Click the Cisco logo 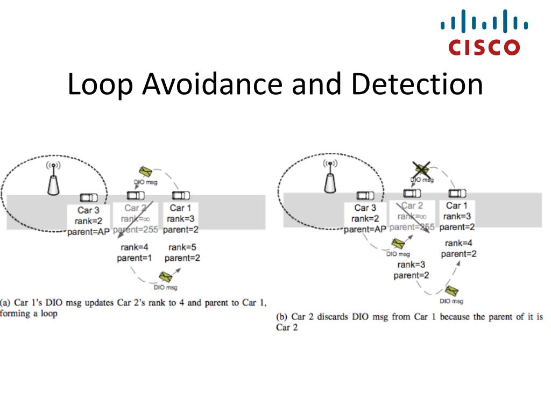pos(484,33)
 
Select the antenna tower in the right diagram pos(330,179)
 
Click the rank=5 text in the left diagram pos(181,247)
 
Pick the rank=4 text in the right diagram pos(458,243)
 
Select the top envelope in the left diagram pos(145,173)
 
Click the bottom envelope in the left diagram pos(165,277)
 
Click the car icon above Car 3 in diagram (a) pos(89,197)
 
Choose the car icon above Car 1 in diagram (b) pos(457,193)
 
